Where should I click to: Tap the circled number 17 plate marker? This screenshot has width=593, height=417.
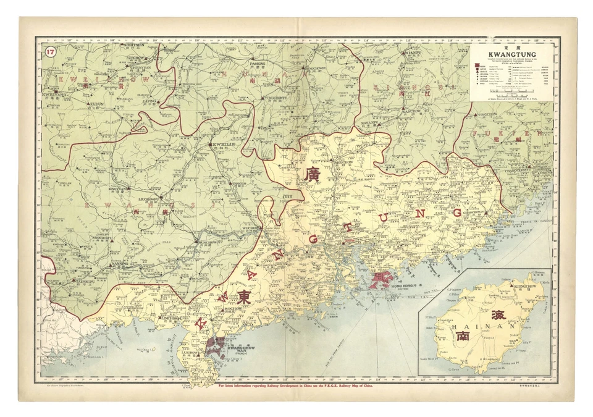(x=49, y=53)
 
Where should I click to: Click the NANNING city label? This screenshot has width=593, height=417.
(x=119, y=263)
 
